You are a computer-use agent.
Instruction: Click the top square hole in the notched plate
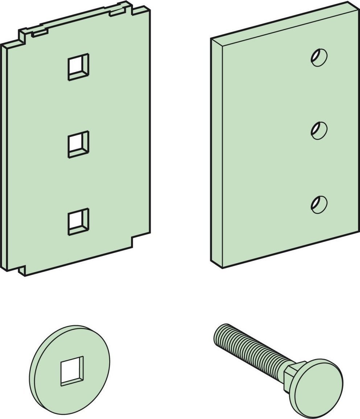pos(78,67)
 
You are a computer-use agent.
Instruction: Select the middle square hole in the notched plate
pos(78,144)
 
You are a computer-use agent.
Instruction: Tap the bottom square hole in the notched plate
pos(78,222)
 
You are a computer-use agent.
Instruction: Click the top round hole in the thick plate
pos(319,57)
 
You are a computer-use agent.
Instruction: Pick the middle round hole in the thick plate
pos(319,130)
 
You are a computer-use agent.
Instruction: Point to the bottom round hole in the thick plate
pos(319,204)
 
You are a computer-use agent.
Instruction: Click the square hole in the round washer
pos(72,370)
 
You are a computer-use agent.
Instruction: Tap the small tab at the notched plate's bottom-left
pos(22,270)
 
